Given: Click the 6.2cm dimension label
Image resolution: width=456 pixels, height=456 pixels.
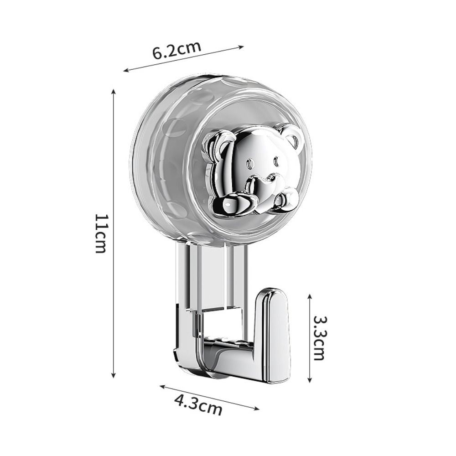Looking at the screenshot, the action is [177, 50].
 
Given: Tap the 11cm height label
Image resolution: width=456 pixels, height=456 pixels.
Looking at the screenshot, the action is [102, 233].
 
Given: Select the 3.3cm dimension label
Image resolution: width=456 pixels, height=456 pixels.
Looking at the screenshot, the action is [319, 338].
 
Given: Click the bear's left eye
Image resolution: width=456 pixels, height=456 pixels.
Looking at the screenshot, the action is [249, 164].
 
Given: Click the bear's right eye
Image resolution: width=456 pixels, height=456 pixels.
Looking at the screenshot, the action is [275, 161].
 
